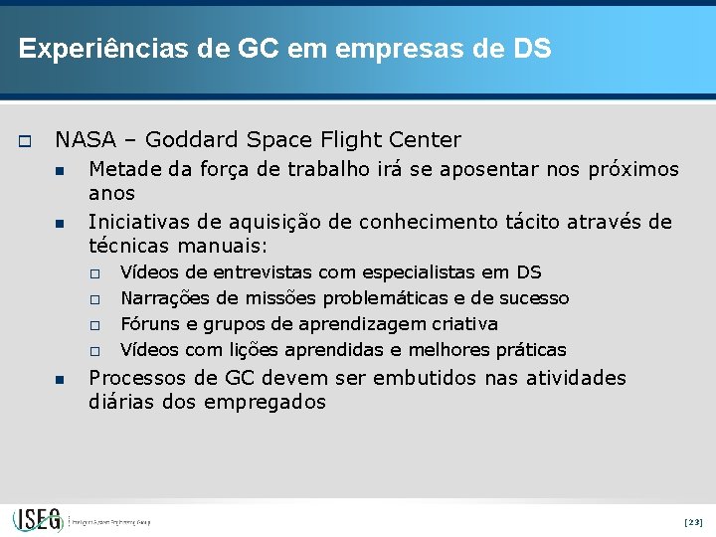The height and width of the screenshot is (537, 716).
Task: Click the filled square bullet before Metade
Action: click(61, 171)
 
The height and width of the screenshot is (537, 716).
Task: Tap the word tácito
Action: click(532, 222)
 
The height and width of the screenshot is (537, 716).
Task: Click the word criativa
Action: click(464, 324)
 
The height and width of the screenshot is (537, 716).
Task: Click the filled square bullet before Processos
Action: click(61, 379)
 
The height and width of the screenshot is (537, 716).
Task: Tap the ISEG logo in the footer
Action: click(38, 519)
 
